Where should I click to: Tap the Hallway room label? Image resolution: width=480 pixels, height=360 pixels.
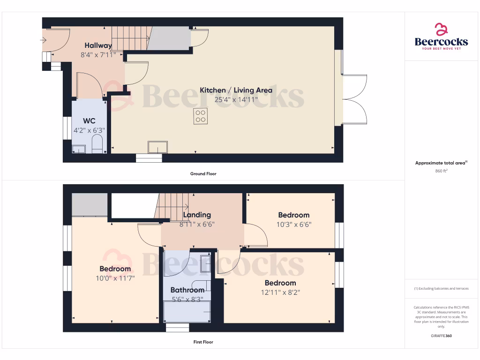pos(98,45)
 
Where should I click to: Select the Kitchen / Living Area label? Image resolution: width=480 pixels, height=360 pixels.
pos(236,90)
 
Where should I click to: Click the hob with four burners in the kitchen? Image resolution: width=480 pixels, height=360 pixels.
pos(200,116)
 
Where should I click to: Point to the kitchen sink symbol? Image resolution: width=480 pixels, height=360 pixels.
pos(158,147)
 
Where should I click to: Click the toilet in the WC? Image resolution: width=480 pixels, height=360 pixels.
pos(97,144)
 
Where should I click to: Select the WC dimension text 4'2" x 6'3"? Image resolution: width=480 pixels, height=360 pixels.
pos(89,130)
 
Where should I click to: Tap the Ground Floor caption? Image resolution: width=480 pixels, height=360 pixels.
pos(203,174)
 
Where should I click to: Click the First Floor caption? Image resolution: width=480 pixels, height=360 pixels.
pos(203,342)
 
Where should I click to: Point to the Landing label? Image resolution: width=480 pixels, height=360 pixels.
pos(197,215)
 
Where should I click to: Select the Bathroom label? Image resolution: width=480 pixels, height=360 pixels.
pos(187,290)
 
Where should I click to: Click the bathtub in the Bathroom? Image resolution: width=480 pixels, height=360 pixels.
pos(187,312)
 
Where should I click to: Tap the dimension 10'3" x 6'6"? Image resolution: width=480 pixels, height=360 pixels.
pos(294,224)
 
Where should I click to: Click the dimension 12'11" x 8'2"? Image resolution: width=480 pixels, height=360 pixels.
pos(280,292)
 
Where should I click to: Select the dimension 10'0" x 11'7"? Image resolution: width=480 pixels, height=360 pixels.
pos(115,278)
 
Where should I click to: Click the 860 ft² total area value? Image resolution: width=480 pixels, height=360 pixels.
pos(441,171)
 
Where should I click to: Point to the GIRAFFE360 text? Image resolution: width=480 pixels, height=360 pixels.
pos(441,336)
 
